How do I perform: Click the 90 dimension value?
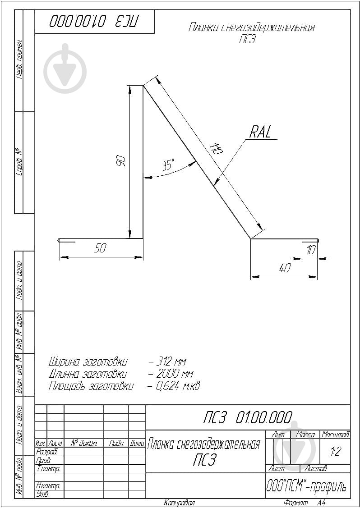(x=121, y=161)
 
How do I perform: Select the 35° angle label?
(x=168, y=165)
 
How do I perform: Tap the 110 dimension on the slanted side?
(x=216, y=149)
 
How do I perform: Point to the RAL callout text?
(x=261, y=132)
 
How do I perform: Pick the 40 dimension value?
(x=284, y=268)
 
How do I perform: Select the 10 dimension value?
(x=310, y=250)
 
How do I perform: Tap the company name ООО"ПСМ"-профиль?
(x=307, y=487)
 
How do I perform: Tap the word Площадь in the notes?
(x=68, y=386)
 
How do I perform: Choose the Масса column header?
(x=305, y=435)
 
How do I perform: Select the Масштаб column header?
(x=335, y=435)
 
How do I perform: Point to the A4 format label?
(x=321, y=503)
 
